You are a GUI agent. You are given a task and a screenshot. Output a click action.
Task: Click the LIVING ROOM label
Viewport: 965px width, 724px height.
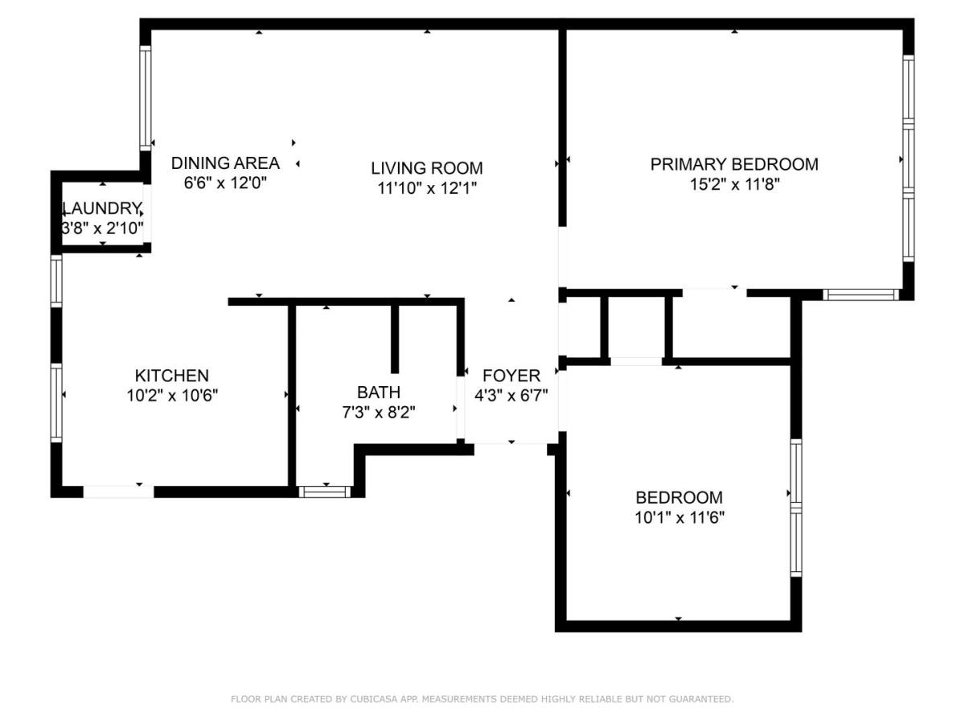tap(426, 168)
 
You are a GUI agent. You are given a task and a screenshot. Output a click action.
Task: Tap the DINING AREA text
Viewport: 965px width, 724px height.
tap(225, 163)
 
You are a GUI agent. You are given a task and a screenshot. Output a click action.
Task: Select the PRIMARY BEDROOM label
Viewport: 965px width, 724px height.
tap(733, 164)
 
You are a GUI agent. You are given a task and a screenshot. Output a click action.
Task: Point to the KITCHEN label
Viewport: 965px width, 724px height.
tap(171, 376)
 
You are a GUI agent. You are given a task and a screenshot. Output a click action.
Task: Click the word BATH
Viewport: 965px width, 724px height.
tap(378, 392)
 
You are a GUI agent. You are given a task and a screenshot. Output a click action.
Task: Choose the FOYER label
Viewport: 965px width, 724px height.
tap(511, 376)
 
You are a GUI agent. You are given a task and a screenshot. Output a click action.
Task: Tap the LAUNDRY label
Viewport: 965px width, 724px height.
tap(102, 208)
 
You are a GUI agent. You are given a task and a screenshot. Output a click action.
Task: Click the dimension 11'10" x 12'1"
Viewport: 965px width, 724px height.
tap(427, 188)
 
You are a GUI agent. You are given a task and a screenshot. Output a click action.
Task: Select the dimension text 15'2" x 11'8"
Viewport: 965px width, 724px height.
tap(734, 184)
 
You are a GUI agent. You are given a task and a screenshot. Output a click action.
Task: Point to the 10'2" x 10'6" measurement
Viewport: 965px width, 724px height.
tap(172, 396)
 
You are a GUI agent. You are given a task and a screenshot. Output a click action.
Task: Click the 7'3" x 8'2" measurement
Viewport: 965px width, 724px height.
tap(379, 413)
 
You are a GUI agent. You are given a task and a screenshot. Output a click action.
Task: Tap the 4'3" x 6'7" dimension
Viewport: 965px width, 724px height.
tap(511, 396)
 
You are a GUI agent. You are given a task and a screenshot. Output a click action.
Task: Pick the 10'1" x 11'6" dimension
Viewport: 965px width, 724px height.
tap(680, 518)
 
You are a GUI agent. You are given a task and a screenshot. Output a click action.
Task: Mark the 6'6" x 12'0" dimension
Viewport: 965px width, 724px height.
tap(225, 183)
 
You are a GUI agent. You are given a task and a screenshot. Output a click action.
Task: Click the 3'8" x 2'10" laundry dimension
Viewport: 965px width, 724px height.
tap(103, 228)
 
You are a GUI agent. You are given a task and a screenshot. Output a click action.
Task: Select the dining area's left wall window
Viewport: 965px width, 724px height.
tap(145, 98)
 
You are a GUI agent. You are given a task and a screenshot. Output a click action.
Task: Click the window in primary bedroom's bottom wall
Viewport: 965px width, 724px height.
tap(860, 294)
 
